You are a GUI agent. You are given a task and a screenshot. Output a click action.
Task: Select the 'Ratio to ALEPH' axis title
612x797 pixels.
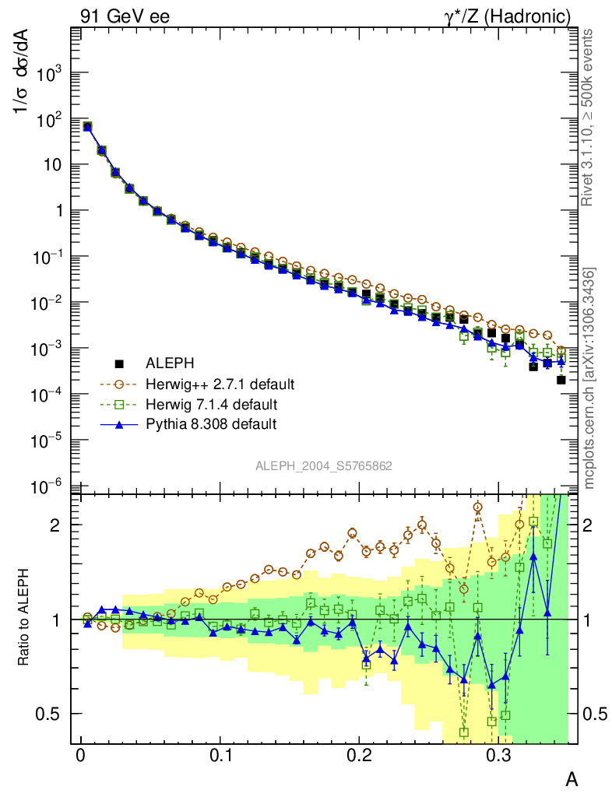click(x=25, y=619)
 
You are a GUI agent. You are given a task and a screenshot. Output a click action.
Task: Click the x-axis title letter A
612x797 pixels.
click(x=571, y=778)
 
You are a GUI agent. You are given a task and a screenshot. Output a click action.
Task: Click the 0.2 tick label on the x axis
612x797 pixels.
click(x=360, y=756)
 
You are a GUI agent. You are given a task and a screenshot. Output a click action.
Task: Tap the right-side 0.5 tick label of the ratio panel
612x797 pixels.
click(x=596, y=714)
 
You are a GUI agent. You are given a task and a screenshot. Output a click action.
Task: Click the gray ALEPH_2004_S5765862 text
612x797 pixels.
click(x=324, y=466)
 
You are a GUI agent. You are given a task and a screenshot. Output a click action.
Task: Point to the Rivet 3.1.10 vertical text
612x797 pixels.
click(x=589, y=117)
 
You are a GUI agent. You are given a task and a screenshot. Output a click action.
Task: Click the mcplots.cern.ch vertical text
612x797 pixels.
click(x=589, y=377)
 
